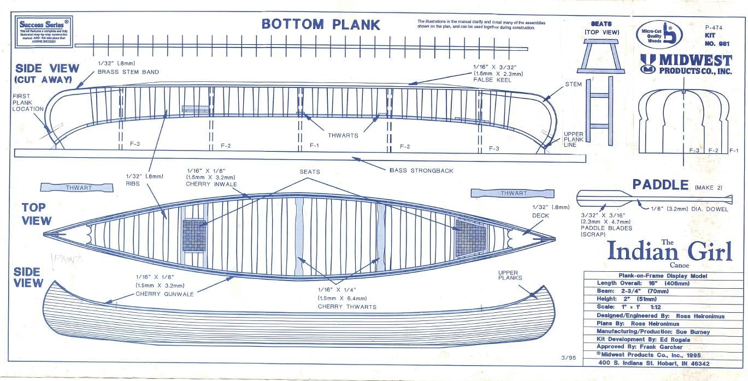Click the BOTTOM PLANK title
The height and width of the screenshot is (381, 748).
click(x=321, y=24)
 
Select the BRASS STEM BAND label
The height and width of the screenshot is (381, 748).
click(x=128, y=72)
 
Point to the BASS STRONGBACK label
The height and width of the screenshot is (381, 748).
click(x=421, y=170)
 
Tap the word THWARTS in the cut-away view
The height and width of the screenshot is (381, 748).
click(x=343, y=135)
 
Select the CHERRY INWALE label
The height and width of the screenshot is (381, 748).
click(x=211, y=184)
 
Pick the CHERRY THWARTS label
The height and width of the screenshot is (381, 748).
click(x=347, y=306)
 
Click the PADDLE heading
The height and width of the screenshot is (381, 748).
click(x=660, y=185)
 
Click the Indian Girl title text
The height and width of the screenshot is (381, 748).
click(x=669, y=252)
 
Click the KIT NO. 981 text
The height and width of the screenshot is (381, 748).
click(x=715, y=39)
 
